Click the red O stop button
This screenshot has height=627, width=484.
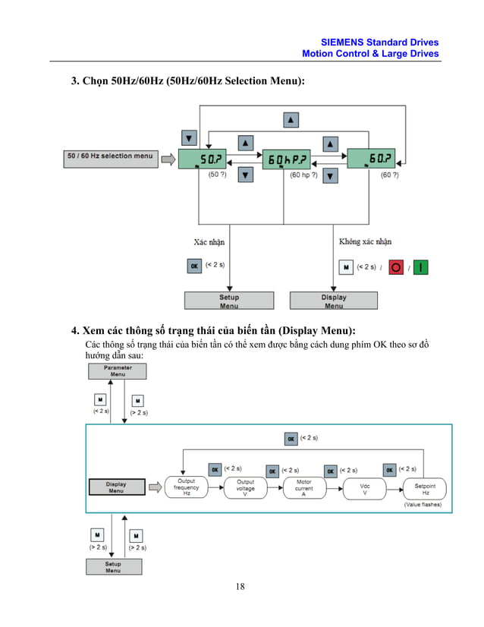coord(396,267)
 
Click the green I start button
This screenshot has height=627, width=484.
coord(421,267)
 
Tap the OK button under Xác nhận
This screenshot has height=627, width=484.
coord(194,267)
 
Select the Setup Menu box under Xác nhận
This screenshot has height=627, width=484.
coord(229,301)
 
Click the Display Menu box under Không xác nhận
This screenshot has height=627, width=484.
coord(334,301)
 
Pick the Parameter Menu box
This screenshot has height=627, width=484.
coord(118,370)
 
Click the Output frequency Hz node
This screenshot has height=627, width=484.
coord(187,487)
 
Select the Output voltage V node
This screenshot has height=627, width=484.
coord(245,487)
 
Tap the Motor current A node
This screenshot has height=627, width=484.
coord(304,487)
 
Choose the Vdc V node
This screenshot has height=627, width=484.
coord(364,487)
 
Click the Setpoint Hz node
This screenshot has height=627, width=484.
coord(425,487)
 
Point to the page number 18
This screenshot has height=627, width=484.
coord(240,587)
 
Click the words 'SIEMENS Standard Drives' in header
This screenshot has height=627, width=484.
coord(379,43)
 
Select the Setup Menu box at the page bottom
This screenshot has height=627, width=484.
coord(113,567)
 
